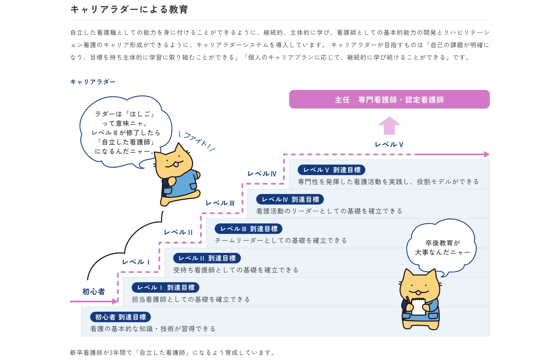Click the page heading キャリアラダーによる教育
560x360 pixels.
point(129,10)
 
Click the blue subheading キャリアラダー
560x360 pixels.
point(93,82)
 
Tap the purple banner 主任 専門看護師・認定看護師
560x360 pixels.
point(389,99)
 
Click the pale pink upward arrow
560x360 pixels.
point(389,125)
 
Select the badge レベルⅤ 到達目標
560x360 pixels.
point(331,170)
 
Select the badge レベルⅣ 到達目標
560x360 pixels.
point(290,199)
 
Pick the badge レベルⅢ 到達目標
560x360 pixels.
point(249,229)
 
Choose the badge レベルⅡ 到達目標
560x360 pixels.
point(207,258)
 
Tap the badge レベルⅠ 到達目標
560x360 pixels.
point(165,288)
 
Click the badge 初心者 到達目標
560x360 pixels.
point(120,317)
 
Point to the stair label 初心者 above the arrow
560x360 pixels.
point(94,291)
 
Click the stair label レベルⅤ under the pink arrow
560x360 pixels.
point(389,144)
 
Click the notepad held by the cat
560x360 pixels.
point(418,306)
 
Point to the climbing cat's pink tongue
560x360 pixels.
point(176,165)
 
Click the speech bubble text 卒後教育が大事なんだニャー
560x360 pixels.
point(442,248)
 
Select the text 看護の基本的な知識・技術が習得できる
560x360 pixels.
point(153,329)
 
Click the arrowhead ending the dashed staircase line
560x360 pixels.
point(487,154)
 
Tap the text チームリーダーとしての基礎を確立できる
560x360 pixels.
point(281,240)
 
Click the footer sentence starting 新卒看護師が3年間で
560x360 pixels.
point(172,353)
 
